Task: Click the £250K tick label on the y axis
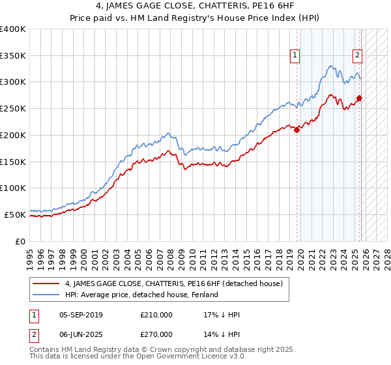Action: [x=13, y=109]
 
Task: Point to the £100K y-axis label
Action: [x=13, y=188]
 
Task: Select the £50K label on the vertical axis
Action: [x=15, y=214]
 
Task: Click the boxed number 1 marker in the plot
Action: [x=296, y=55]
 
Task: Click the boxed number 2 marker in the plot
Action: [x=358, y=55]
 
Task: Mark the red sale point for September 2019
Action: [x=297, y=130]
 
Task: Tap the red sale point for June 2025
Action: [x=360, y=98]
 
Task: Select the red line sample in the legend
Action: [x=46, y=284]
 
